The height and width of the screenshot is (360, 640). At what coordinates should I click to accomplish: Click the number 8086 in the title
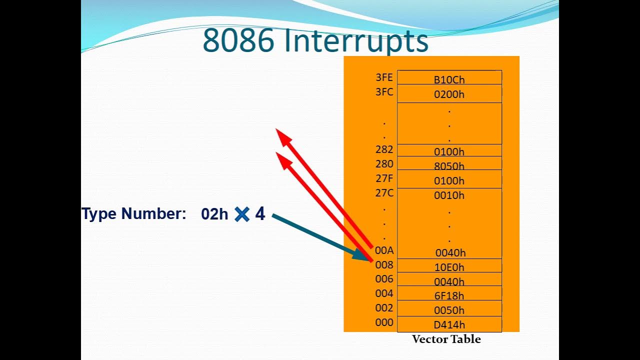pos(238,41)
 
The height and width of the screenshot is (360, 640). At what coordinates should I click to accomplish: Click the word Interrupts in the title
pos(356,41)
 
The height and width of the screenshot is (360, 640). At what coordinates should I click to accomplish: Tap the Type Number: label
pos(133,214)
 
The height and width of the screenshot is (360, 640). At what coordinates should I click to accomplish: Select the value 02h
pos(214,214)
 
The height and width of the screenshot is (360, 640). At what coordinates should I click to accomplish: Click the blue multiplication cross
pos(242,214)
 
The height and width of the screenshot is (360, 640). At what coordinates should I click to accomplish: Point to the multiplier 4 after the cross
pos(260,214)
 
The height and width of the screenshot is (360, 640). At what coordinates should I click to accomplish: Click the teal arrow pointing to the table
pos(320,237)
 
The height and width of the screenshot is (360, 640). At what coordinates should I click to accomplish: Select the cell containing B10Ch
pos(449,79)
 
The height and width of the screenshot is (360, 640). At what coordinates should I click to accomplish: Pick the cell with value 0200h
pos(449,94)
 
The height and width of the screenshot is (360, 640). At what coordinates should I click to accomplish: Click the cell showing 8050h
pos(449,165)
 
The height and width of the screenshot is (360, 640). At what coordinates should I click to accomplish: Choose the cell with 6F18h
pos(449,295)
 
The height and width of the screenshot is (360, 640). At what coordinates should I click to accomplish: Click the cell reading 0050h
pos(449,310)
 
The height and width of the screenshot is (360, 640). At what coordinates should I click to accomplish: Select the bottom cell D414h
pos(449,324)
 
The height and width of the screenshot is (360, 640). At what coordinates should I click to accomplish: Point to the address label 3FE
pos(384,77)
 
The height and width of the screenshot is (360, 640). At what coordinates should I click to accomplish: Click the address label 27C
pos(384,193)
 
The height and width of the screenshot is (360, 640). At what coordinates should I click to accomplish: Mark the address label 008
pos(384,265)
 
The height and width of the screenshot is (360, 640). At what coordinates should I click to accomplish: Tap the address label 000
pos(384,322)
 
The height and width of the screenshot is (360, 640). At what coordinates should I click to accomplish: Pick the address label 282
pos(384,149)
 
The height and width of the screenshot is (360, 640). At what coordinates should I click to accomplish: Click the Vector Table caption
pos(446,339)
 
